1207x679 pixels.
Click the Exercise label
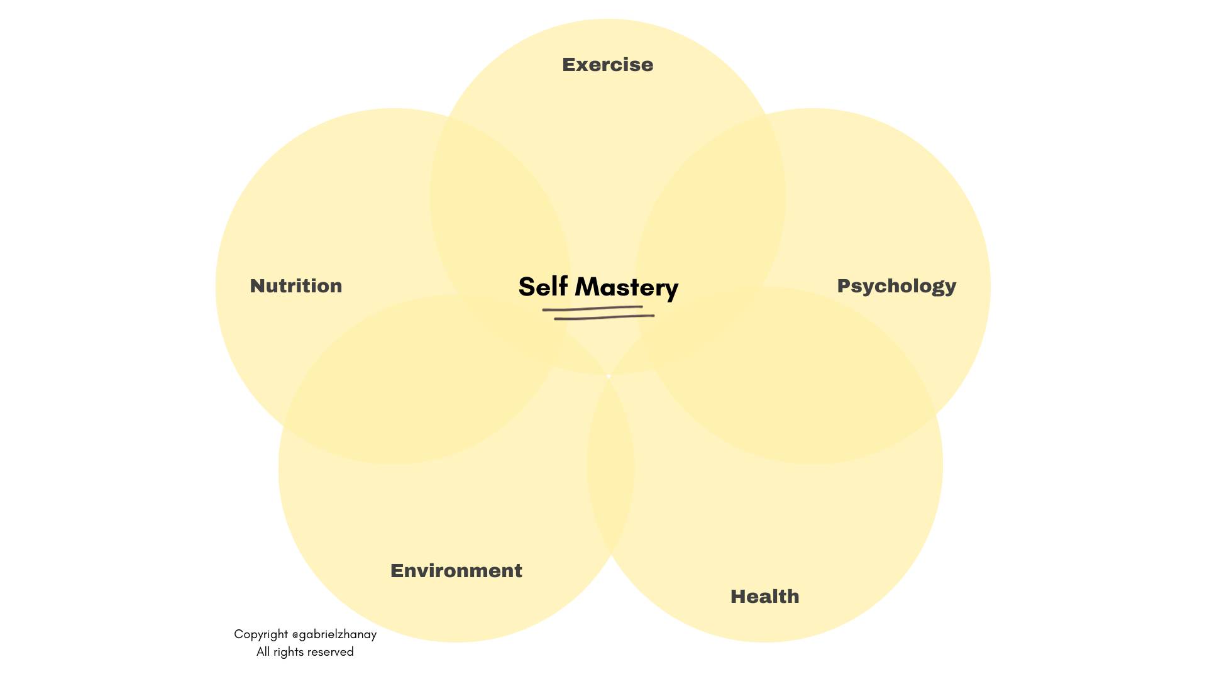607,65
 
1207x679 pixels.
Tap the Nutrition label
296,286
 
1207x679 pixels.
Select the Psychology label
896,286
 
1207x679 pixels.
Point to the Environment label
456,571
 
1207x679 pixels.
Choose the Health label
764,597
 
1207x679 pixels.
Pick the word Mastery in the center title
626,287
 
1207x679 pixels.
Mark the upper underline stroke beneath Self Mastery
592,308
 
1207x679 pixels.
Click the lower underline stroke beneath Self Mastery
604,317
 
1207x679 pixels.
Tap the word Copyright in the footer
261,634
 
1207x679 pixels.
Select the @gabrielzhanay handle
334,634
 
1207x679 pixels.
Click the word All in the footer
263,652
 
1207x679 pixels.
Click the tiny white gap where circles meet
609,376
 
